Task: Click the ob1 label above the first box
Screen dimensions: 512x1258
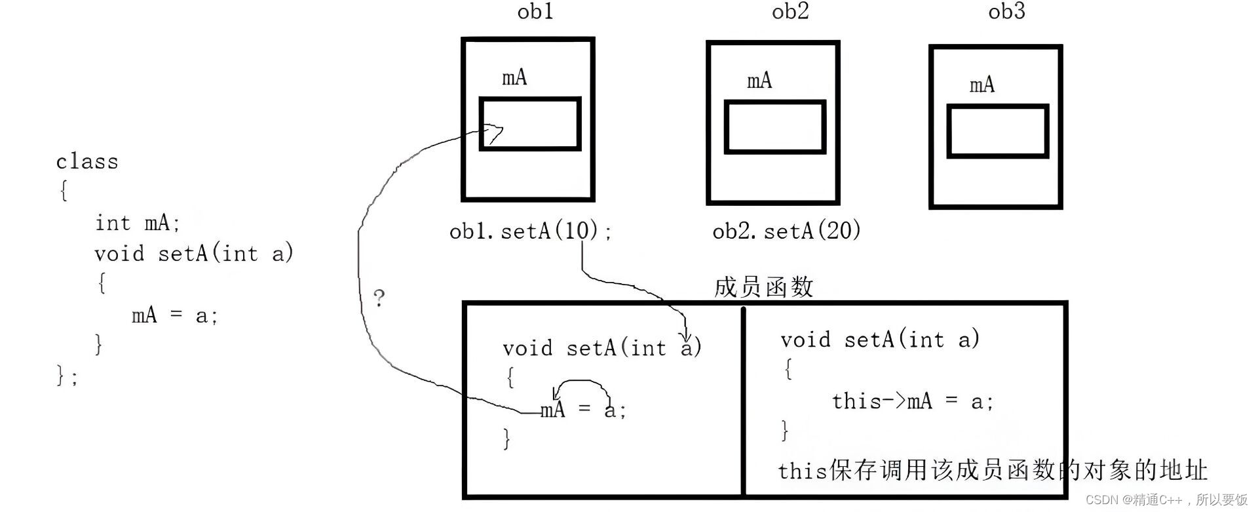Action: [x=535, y=12]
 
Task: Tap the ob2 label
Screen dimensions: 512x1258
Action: [x=790, y=12]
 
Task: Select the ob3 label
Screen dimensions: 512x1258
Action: [x=1006, y=12]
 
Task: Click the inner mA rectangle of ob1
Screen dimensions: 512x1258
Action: [x=530, y=124]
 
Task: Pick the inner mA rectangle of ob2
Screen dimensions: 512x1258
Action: [x=774, y=127]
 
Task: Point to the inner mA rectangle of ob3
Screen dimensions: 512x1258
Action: [x=997, y=131]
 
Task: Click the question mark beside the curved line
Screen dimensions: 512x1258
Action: [x=379, y=298]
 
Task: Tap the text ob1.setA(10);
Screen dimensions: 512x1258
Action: [x=531, y=231]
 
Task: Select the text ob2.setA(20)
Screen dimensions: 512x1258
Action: [x=786, y=231]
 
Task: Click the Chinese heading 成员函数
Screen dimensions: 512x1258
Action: [x=763, y=287]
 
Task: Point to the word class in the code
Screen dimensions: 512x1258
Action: [x=87, y=162]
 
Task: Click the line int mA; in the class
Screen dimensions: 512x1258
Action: [x=137, y=223]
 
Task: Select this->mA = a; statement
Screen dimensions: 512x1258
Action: [x=913, y=401]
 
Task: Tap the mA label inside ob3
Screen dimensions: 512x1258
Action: [x=982, y=85]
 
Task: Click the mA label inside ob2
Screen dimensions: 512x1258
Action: [x=759, y=81]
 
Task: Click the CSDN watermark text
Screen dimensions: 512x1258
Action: [x=1166, y=500]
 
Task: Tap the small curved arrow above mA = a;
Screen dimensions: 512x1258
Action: [x=581, y=384]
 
